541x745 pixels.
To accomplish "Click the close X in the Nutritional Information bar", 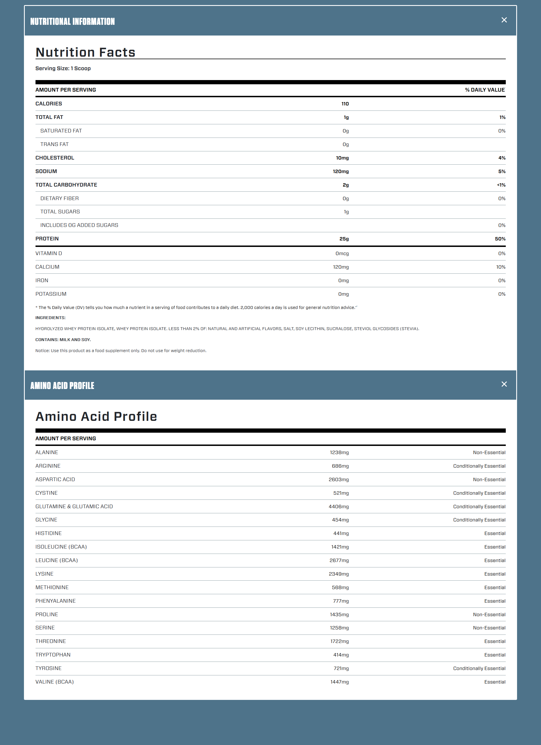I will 504,20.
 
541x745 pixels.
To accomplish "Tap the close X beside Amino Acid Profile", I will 504,384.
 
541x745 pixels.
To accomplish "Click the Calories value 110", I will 345,104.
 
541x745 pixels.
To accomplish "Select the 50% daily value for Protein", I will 500,239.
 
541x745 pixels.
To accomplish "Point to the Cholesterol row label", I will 55,158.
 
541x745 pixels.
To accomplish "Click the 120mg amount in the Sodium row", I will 340,171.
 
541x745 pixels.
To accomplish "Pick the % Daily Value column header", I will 485,90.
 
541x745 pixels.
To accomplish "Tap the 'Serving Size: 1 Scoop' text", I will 63,68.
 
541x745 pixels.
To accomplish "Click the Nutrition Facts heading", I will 85,52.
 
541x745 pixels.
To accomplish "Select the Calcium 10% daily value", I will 500,267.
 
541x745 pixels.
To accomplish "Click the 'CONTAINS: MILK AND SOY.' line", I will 63,340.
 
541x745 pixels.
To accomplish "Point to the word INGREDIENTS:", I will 50,318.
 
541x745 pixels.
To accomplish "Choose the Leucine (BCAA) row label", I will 56,560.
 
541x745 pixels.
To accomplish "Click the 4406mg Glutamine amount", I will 338,507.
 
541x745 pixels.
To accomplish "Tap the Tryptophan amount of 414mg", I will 341,655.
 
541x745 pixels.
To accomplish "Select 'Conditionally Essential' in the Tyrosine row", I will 479,668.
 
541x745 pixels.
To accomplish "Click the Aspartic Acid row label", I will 55,479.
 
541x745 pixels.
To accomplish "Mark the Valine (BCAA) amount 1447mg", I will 340,682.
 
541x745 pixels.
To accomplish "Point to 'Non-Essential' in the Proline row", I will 489,614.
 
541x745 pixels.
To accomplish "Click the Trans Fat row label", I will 54,144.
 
